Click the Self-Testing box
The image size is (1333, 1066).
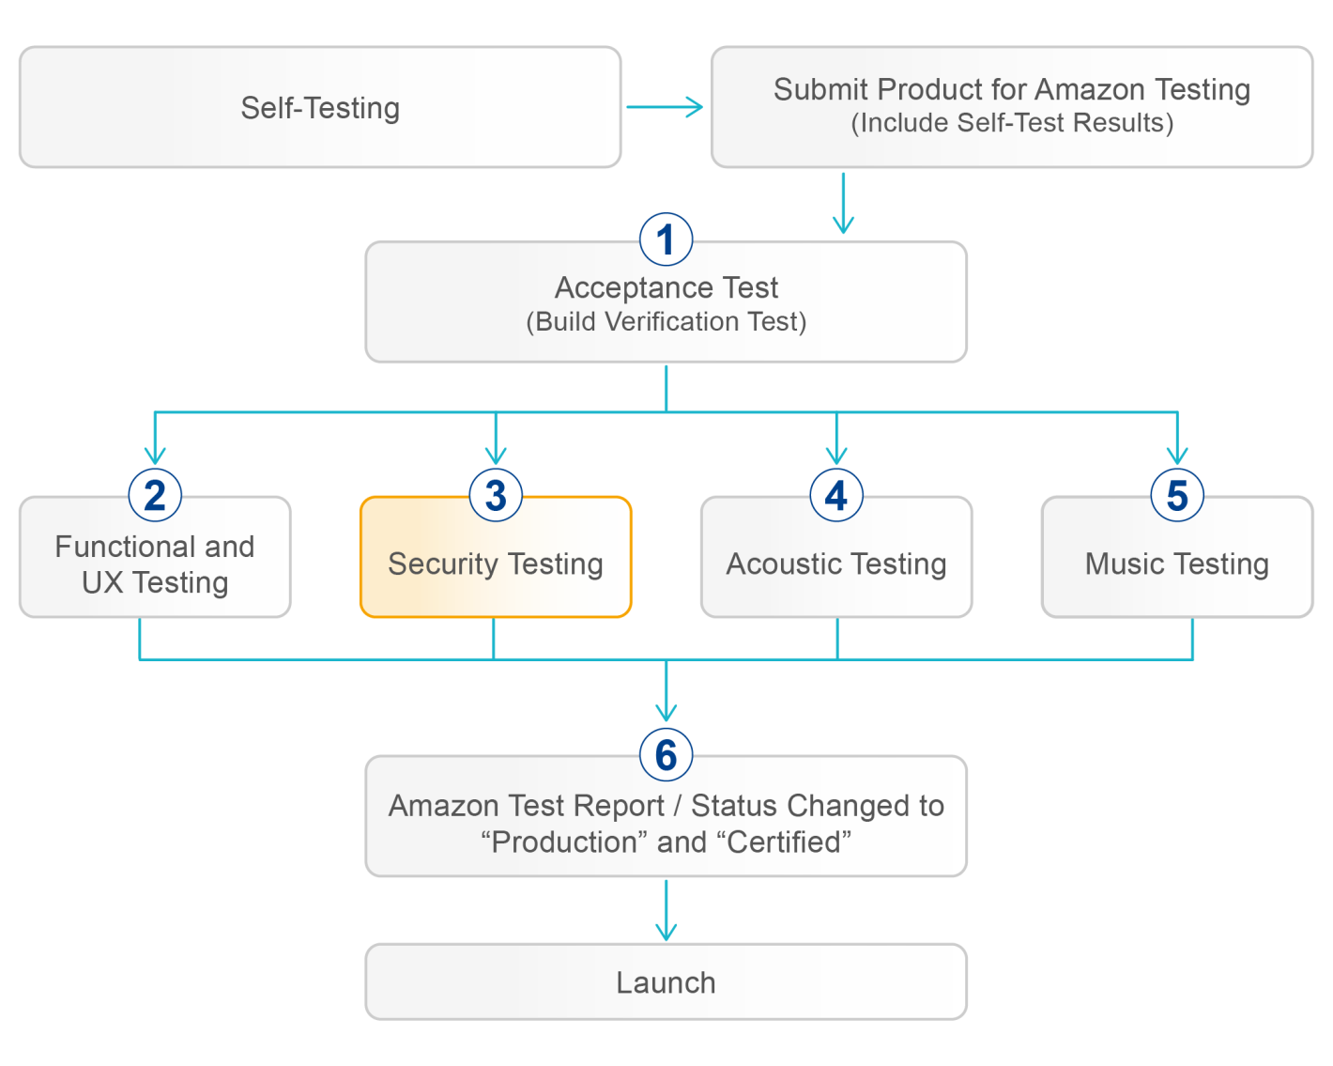coord(319,108)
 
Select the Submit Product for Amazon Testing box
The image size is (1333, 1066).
coord(1011,106)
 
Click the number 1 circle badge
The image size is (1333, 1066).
coord(666,240)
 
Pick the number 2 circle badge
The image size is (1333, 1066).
coord(155,495)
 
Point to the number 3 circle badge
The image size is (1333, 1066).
coord(496,495)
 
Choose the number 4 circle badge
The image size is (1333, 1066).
coord(836,495)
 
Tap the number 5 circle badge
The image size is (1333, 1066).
coord(1177,495)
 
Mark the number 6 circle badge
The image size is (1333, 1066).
coord(666,754)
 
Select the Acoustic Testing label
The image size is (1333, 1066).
coord(836,564)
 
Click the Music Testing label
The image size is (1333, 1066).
coord(1177,564)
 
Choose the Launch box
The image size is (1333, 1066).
coord(666,982)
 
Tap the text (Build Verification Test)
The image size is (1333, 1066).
coord(666,322)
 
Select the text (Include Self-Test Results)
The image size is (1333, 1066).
coord(1012,124)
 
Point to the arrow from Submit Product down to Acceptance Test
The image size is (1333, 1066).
coord(844,203)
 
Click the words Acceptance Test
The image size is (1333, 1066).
coord(666,287)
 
